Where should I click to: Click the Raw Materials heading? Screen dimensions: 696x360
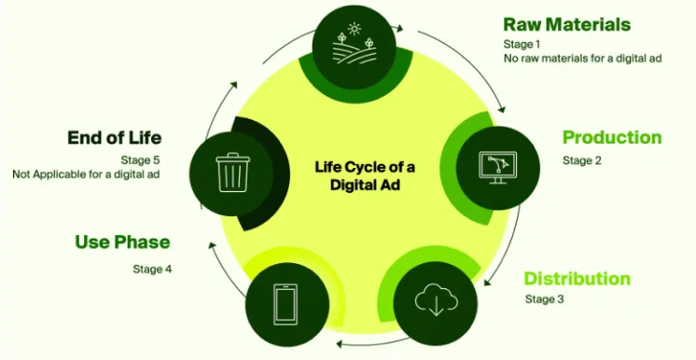tap(566, 24)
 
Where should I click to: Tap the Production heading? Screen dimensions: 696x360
tap(611, 138)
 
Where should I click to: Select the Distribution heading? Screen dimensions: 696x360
tap(577, 279)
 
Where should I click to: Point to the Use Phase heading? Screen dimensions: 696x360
tap(122, 242)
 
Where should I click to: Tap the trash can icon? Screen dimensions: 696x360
tap(230, 173)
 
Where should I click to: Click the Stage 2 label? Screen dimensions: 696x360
tap(581, 160)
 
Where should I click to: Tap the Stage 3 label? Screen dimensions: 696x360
tap(544, 299)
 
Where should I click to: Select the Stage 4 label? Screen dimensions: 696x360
tap(152, 270)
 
